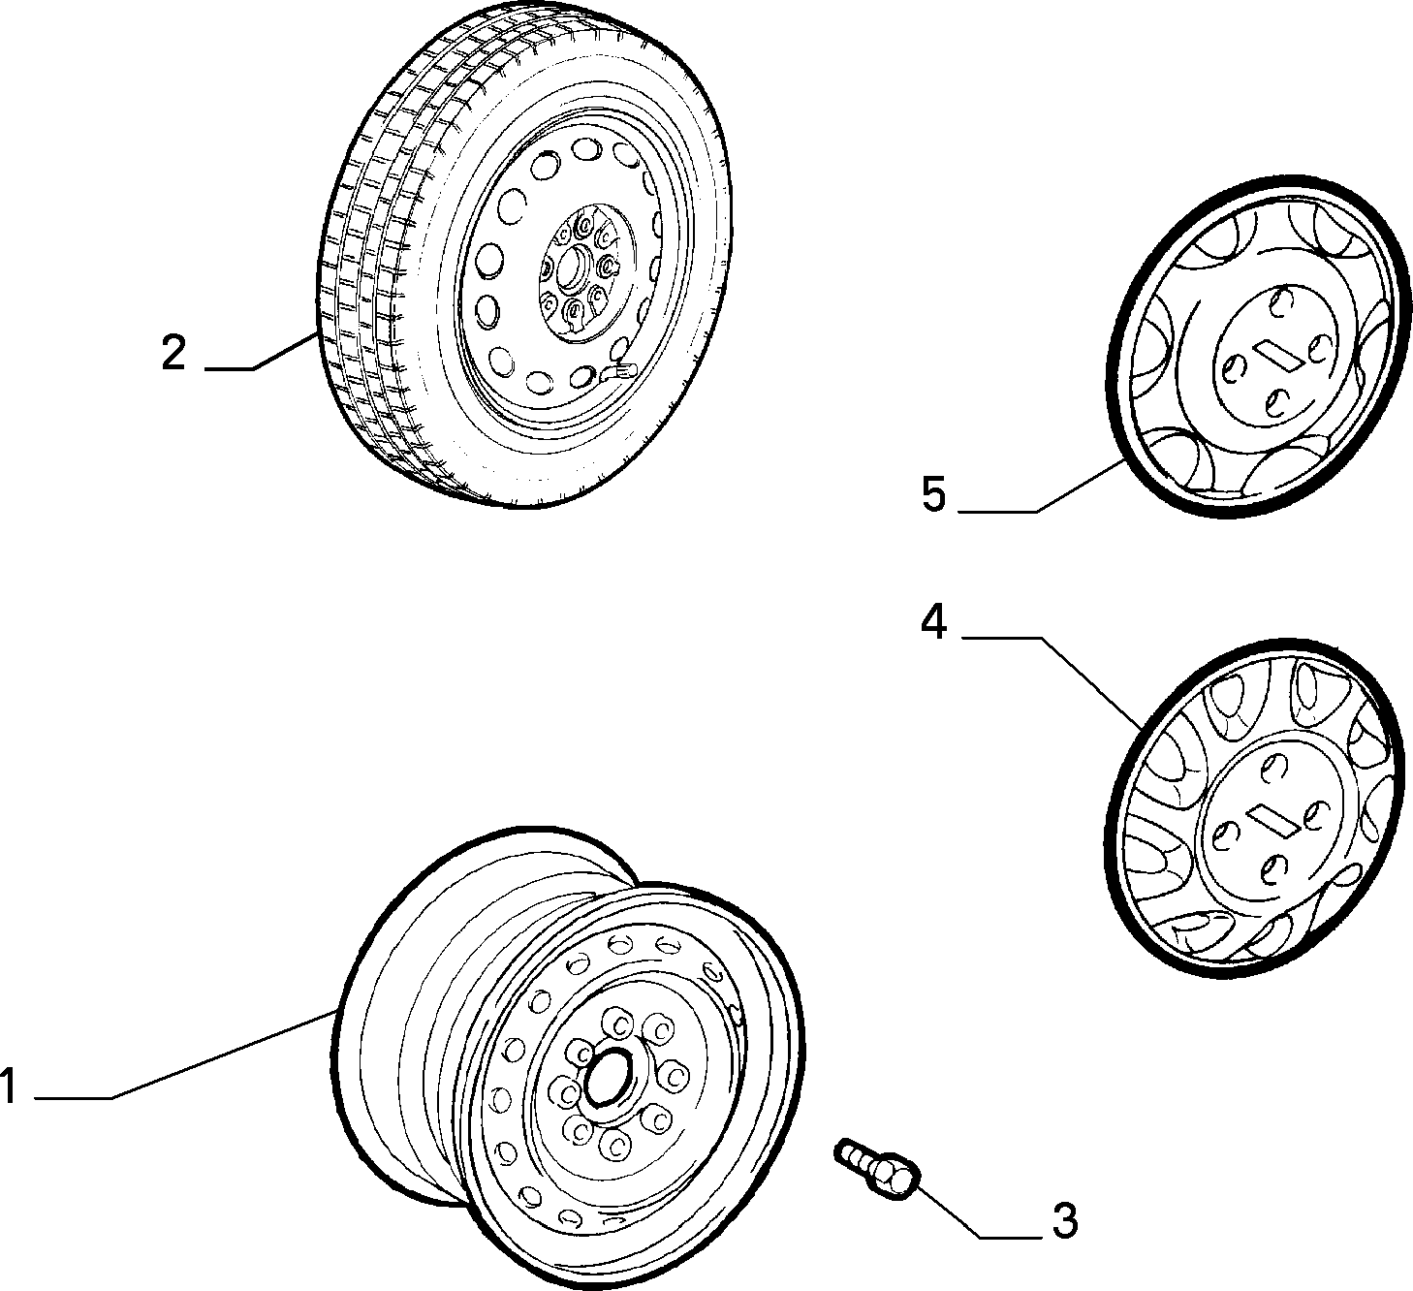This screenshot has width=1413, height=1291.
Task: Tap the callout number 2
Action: click(x=173, y=353)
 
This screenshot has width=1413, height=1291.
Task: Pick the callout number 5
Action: click(x=934, y=494)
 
